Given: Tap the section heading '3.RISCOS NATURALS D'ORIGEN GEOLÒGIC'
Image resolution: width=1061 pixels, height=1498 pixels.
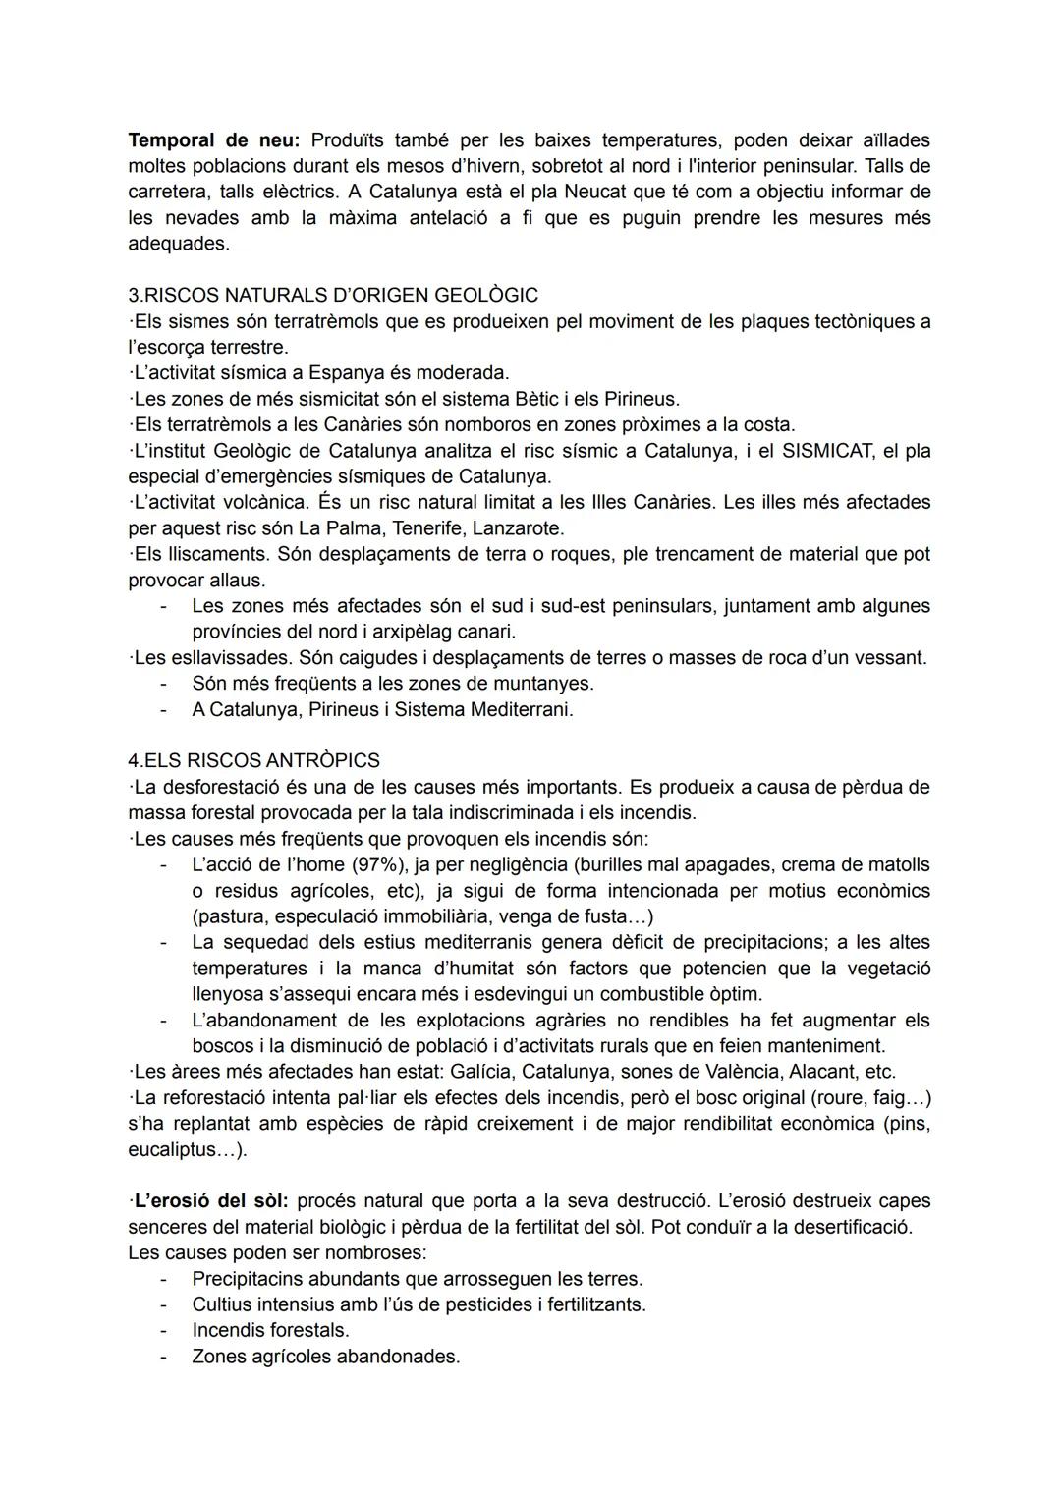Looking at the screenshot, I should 333,295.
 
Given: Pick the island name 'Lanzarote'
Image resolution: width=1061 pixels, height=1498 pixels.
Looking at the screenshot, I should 518,528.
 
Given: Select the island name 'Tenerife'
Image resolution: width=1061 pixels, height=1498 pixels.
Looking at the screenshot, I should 427,528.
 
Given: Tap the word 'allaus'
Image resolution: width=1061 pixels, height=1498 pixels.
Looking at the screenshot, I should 237,581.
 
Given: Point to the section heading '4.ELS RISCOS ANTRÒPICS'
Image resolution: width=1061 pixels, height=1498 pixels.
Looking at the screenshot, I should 253,760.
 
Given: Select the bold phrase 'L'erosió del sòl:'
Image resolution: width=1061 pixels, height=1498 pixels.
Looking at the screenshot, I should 208,1201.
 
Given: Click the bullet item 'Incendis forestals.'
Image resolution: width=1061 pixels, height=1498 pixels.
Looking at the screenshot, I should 270,1330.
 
